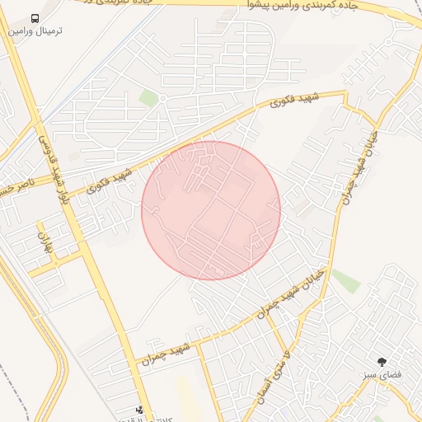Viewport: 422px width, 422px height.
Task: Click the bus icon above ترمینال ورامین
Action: point(35,18)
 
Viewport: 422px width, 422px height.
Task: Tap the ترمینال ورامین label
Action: point(35,30)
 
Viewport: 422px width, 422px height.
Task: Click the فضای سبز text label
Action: point(382,374)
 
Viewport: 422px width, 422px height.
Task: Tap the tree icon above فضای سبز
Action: point(382,361)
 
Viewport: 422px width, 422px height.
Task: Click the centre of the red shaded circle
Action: point(211,210)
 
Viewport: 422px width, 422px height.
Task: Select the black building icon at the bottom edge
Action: point(139,409)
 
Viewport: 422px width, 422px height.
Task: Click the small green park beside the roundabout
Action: point(148,98)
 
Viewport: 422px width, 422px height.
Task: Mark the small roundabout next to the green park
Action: point(163,98)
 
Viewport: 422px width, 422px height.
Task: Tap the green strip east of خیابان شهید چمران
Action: point(345,280)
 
